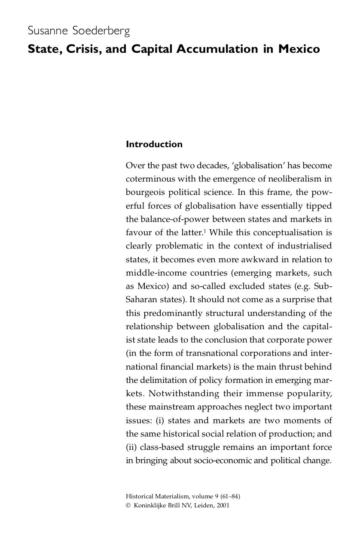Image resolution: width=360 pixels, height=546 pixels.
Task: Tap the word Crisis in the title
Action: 83,49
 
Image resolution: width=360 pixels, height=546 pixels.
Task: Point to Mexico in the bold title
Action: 299,49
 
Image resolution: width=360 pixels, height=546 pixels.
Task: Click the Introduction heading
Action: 154,144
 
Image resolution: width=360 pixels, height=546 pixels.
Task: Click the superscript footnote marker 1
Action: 204,231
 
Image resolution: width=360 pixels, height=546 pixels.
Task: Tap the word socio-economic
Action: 220,461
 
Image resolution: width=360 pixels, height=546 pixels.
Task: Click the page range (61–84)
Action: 230,497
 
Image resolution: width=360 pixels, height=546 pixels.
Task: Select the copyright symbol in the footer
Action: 128,506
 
